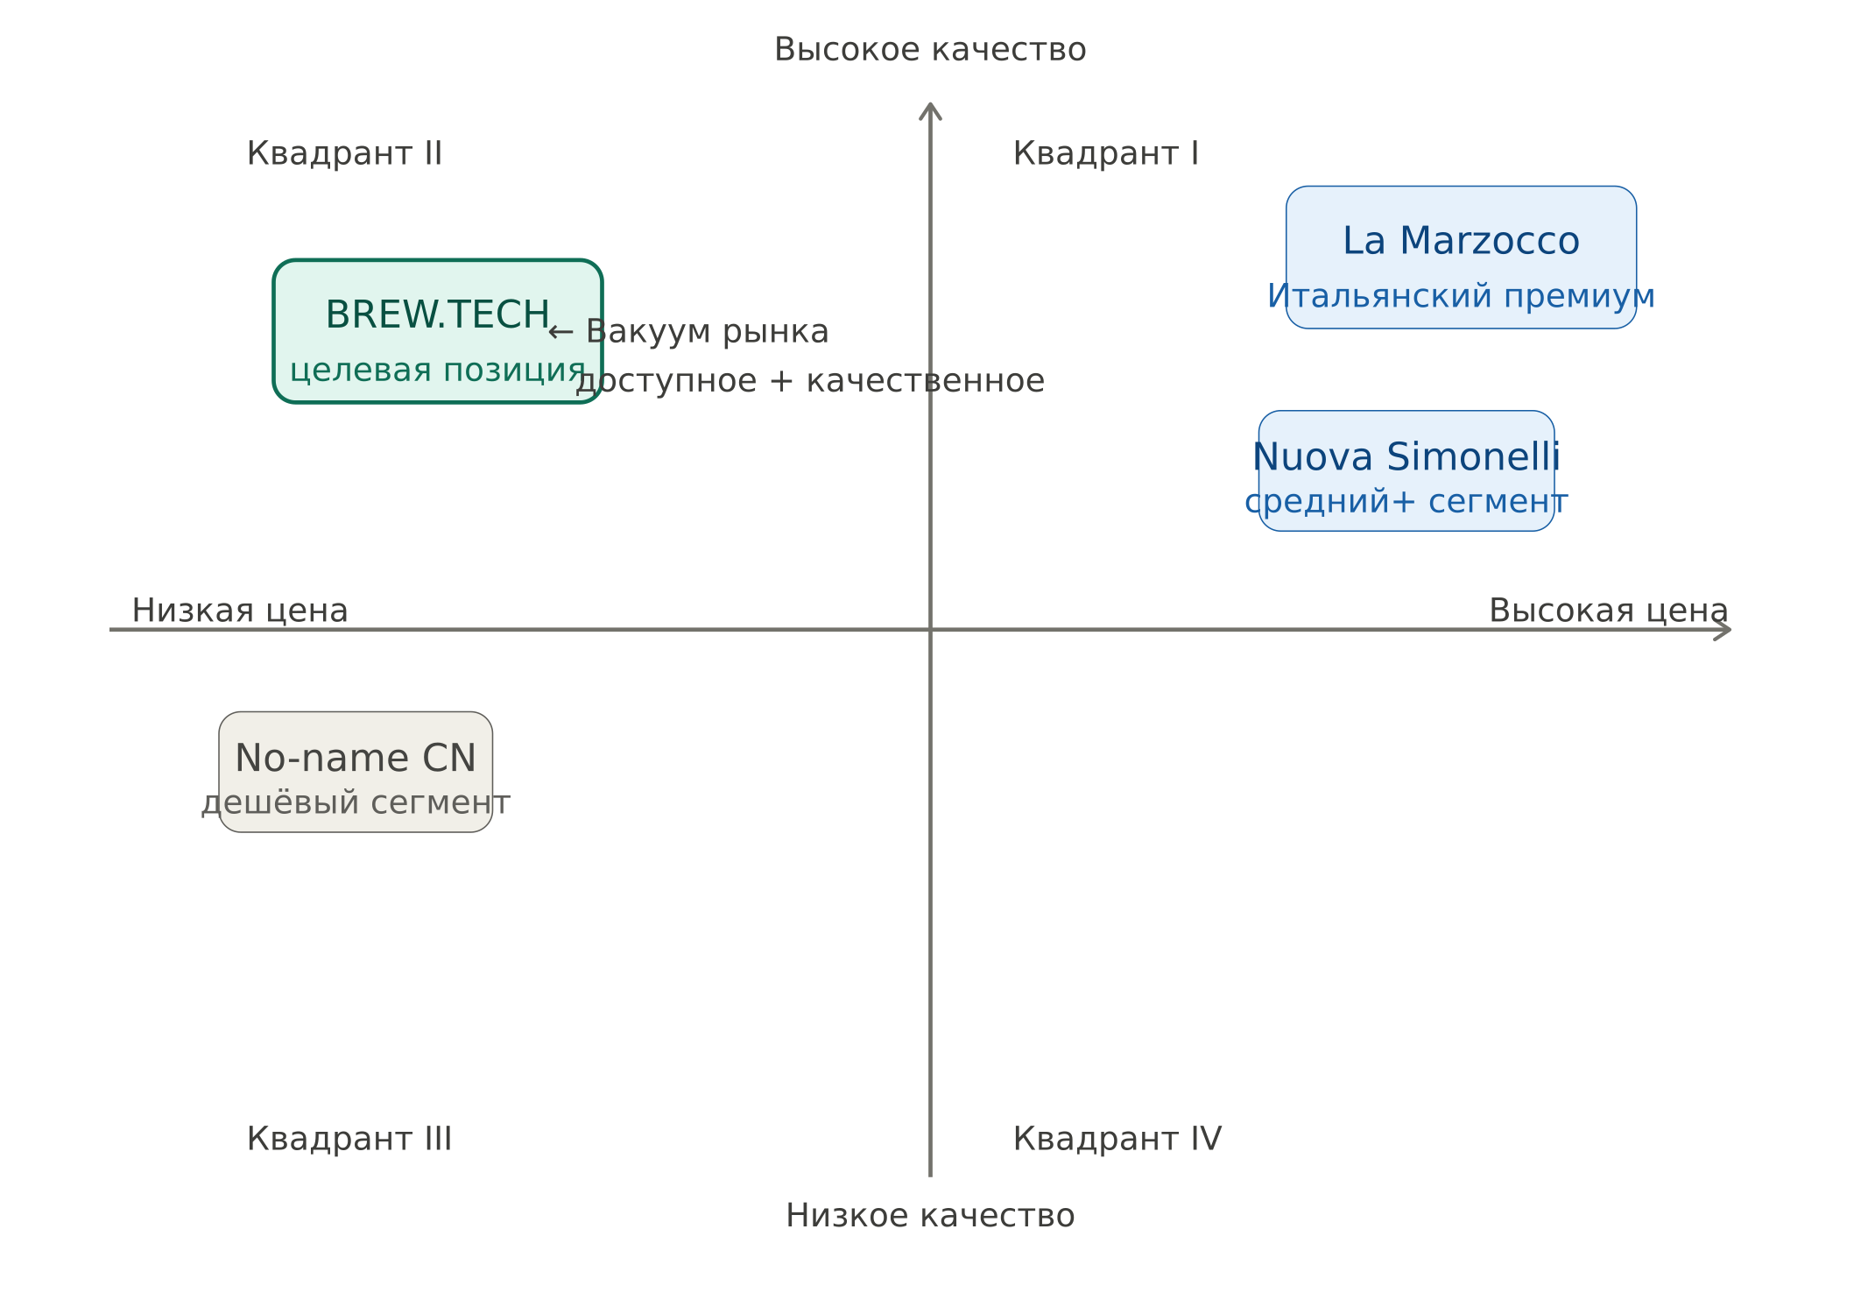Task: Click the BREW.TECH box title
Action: coord(437,314)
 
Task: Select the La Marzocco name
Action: coord(1461,241)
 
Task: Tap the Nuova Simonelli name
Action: coord(1406,456)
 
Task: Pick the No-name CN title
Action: coord(356,758)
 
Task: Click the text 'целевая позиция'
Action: coord(437,371)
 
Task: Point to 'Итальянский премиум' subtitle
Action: coord(1461,296)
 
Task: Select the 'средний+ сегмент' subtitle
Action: coord(1406,502)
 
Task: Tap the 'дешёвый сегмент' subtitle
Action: coord(356,802)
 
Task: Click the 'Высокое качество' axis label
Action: coord(930,50)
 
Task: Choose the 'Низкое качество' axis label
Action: coord(930,1216)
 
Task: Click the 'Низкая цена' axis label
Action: coord(240,611)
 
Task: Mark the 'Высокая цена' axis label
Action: coord(1609,611)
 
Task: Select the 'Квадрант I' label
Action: coord(1105,153)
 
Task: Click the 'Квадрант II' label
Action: coord(344,153)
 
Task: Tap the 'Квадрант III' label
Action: coord(349,1139)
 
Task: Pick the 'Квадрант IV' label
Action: coord(1117,1139)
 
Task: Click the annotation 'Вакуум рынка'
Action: coord(708,332)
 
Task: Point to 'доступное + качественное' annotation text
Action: coord(810,381)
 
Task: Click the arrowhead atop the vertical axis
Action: coord(930,105)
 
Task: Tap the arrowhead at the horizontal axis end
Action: coord(1729,629)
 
